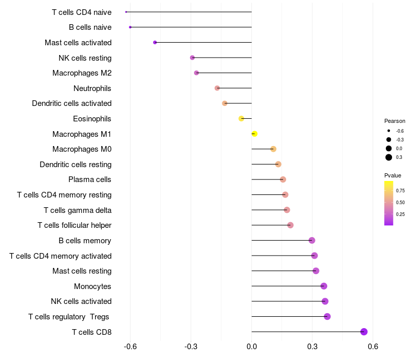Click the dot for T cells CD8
tap(364, 332)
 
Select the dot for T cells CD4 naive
tap(126, 12)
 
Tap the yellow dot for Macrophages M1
tap(254, 134)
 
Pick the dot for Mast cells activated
tap(155, 42)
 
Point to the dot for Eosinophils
tap(241, 118)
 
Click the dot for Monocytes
tap(324, 286)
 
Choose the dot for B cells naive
tap(130, 27)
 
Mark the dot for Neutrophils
tap(217, 88)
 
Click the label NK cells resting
tap(85, 58)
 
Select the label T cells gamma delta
tap(78, 210)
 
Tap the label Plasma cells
tap(90, 179)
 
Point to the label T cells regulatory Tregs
tap(69, 317)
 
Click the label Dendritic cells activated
tap(72, 103)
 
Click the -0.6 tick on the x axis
tap(130, 347)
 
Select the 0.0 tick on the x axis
tap(252, 347)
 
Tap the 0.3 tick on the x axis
tap(312, 347)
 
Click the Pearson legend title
tap(395, 121)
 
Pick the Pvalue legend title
tap(393, 175)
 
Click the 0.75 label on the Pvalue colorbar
tap(401, 190)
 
